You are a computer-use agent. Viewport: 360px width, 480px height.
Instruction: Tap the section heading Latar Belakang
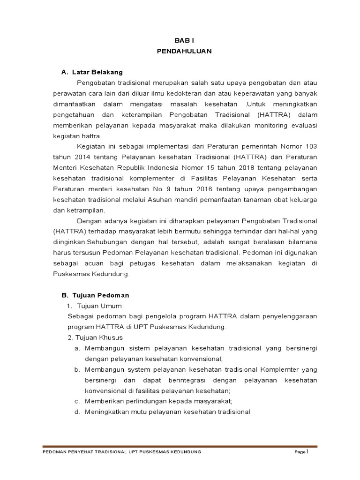[x=97, y=72]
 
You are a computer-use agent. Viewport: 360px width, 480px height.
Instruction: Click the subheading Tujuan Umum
[x=99, y=306]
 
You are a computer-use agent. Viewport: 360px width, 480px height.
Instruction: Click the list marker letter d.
[x=76, y=412]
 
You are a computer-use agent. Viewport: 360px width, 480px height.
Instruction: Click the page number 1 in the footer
[x=307, y=451]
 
